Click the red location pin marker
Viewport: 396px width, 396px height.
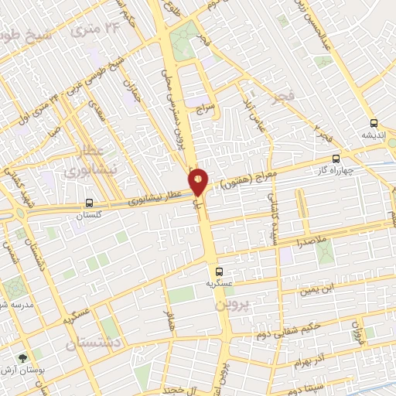click(198, 181)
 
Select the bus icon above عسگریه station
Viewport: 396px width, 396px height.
click(219, 271)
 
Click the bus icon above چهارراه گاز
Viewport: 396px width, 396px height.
click(335, 159)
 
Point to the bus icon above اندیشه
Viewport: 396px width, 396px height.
click(374, 123)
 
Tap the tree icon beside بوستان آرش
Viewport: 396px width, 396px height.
click(24, 357)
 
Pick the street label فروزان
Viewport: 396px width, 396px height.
click(357, 333)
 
